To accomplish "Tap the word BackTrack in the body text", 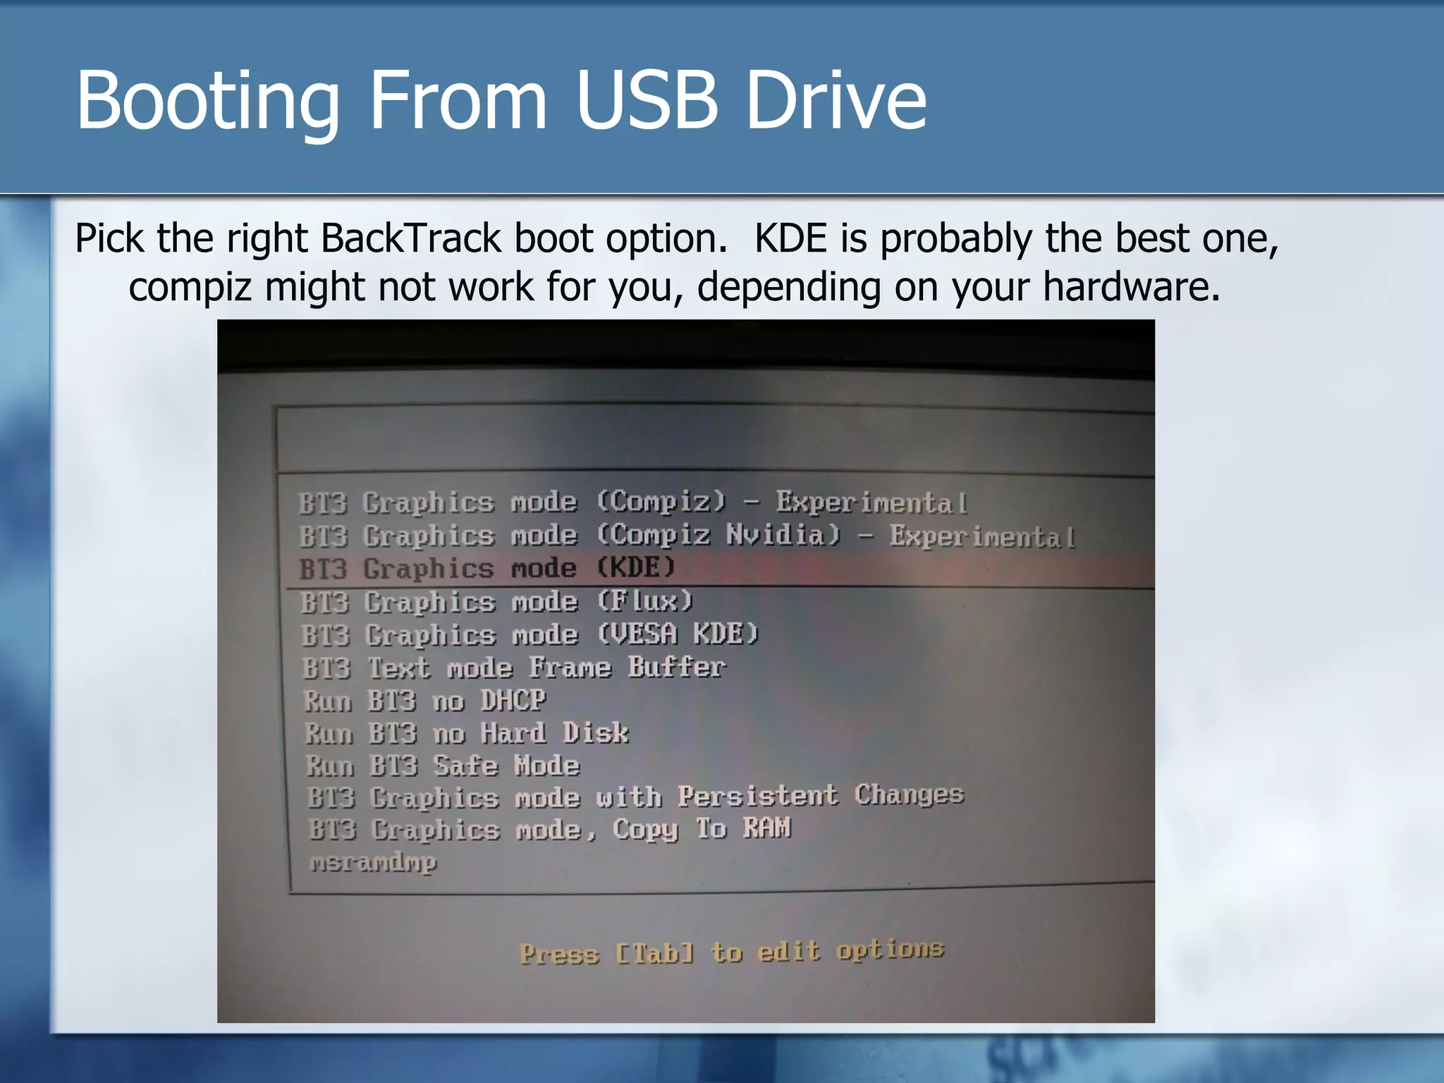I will tap(411, 238).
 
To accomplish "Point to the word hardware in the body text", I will tap(1131, 287).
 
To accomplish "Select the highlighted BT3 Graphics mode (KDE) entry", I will tap(487, 568).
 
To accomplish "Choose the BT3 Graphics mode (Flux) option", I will tap(496, 602).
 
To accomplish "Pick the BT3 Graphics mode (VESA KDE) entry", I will tap(529, 635).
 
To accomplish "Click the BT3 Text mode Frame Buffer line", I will tap(513, 667).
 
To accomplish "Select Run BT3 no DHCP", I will tap(424, 701).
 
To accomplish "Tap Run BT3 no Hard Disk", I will tap(465, 733).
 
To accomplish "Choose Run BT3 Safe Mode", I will tap(443, 766).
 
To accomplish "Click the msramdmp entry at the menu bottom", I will tap(374, 862).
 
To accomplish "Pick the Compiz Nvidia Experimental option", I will tap(687, 536).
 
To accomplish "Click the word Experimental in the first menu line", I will tap(871, 502).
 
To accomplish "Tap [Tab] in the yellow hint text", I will tap(654, 954).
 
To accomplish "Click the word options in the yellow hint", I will tap(890, 950).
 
